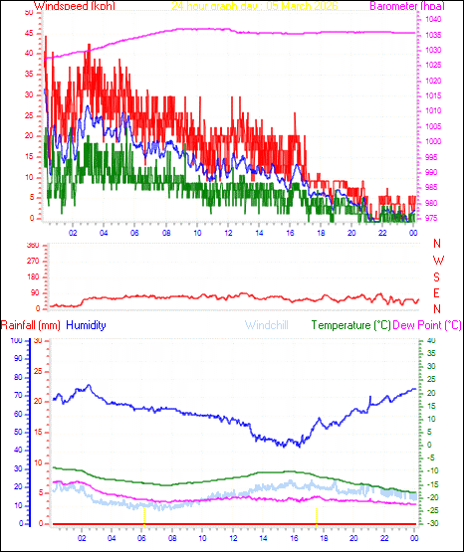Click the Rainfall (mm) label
pyautogui.click(x=31, y=325)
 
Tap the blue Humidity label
pyautogui.click(x=87, y=325)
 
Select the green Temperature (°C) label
pyautogui.click(x=350, y=325)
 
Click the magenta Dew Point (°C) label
pyautogui.click(x=427, y=325)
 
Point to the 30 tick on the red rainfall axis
pyautogui.click(x=37, y=341)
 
